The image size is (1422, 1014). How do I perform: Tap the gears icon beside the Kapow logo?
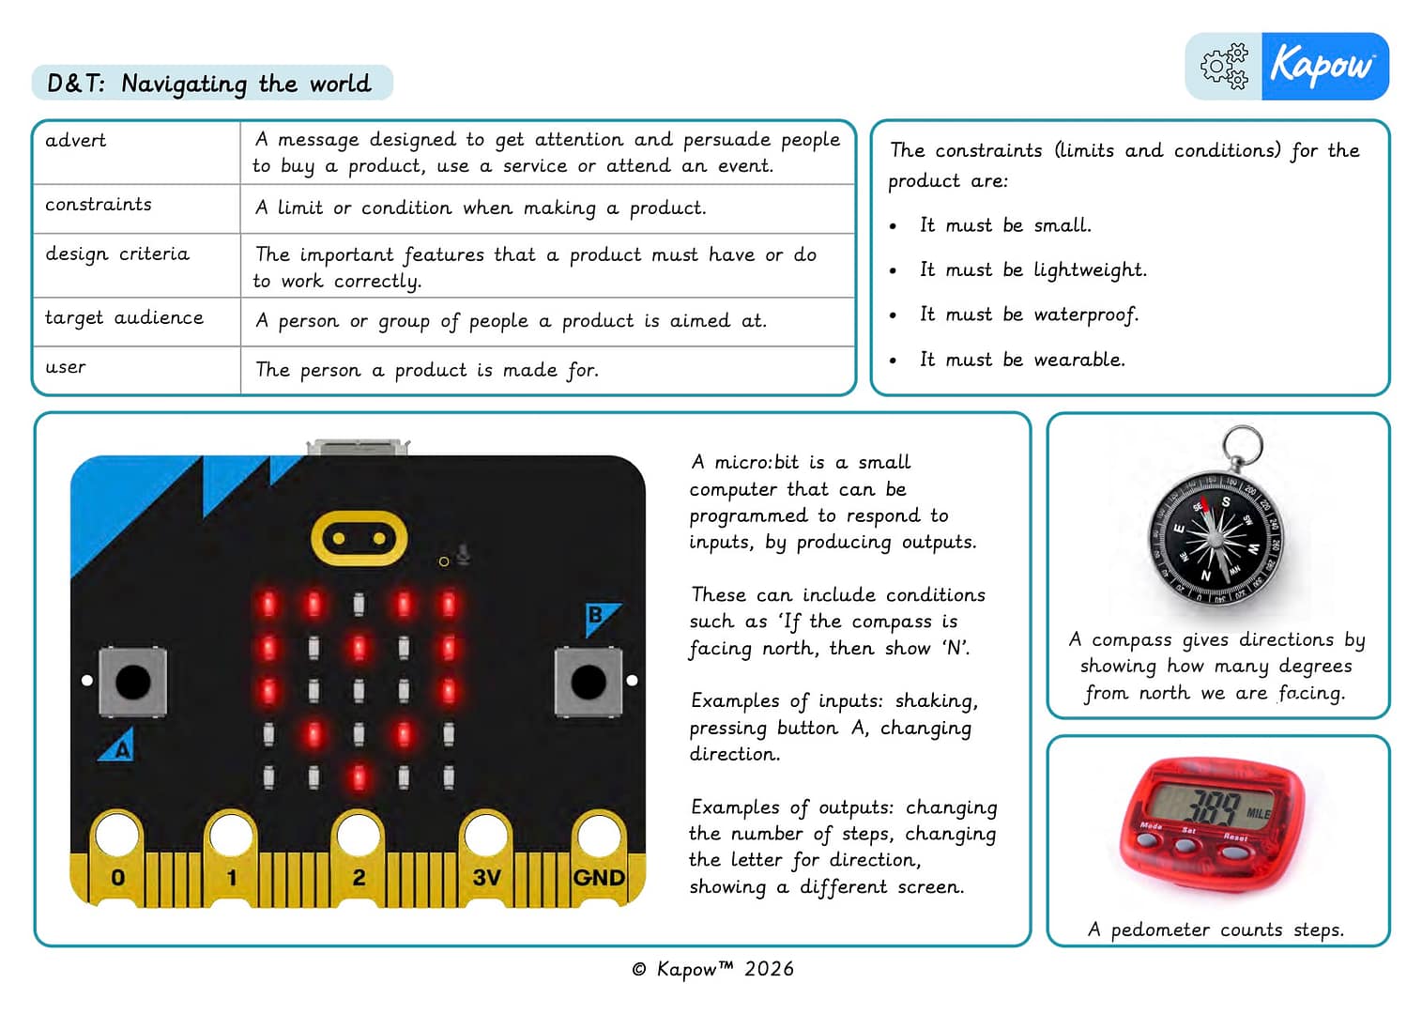(1224, 67)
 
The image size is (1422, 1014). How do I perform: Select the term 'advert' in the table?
(76, 141)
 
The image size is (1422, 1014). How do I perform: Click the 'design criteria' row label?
(117, 254)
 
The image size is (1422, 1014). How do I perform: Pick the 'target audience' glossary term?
(124, 318)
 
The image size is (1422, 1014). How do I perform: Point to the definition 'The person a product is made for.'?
(426, 370)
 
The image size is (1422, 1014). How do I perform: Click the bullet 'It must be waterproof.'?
(1029, 315)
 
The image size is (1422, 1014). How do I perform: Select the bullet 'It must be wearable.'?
(1021, 360)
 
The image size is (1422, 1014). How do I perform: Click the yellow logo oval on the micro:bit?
(359, 538)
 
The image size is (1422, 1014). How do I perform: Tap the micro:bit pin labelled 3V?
(485, 876)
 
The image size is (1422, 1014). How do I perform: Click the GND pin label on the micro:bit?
(598, 877)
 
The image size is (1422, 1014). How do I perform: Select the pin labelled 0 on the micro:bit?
(117, 876)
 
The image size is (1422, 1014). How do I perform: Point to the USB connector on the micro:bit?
(358, 447)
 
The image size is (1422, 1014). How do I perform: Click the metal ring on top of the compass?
(1242, 445)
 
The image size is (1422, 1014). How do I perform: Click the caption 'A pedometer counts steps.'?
(1216, 929)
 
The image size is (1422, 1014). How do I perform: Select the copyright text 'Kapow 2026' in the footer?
(712, 969)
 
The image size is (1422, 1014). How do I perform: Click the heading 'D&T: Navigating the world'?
(209, 84)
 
